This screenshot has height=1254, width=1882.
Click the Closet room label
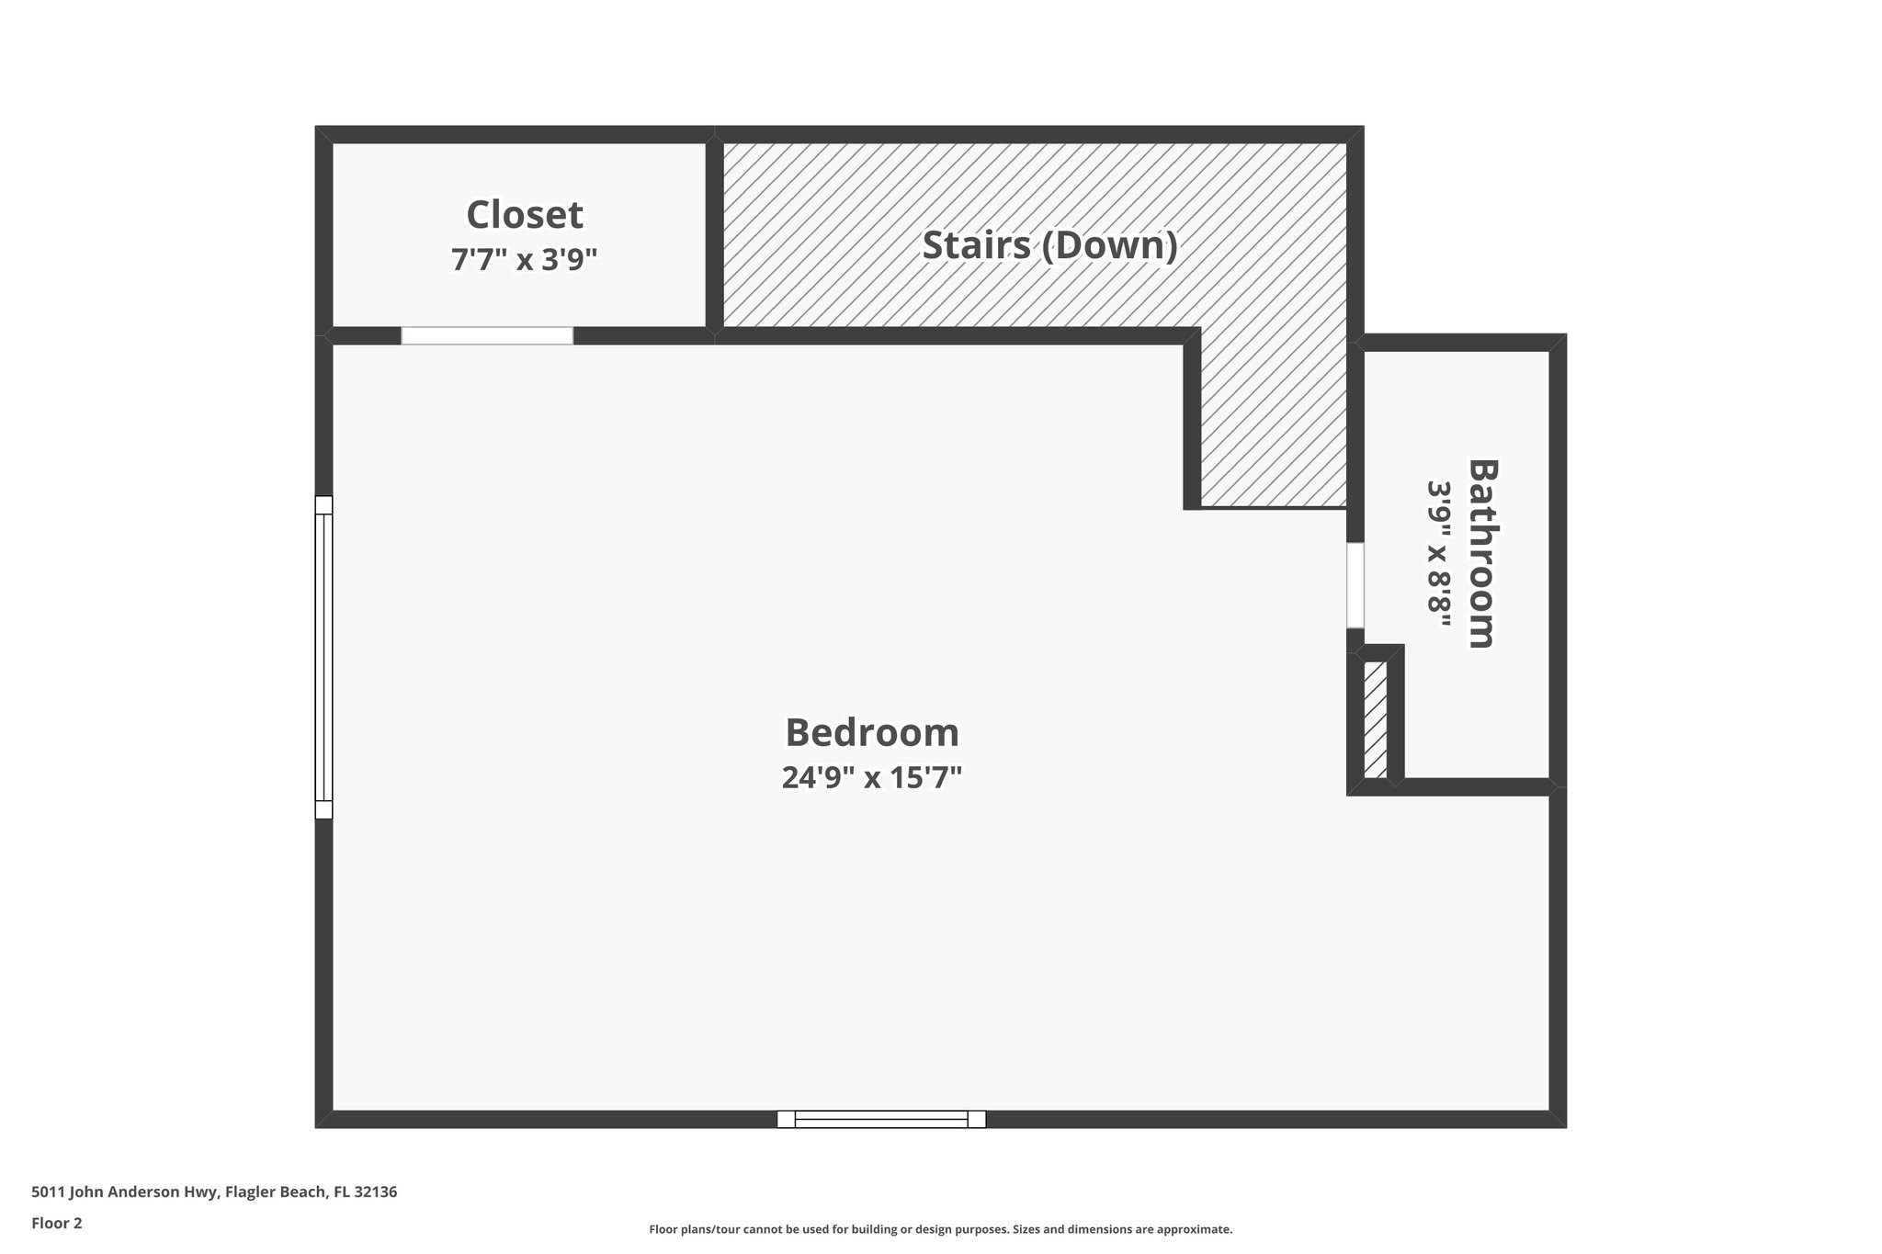click(524, 215)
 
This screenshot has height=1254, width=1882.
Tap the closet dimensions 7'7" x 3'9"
click(524, 260)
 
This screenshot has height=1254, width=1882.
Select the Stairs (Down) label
click(1049, 245)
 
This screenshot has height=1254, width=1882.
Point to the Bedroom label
click(871, 732)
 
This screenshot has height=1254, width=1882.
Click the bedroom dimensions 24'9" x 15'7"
click(871, 777)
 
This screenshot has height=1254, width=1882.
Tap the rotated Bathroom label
click(1481, 553)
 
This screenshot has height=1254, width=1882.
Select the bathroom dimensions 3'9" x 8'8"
click(1438, 553)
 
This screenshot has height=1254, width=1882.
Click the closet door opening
click(487, 335)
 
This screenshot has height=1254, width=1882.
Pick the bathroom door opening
click(1355, 585)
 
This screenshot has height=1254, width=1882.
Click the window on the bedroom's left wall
click(323, 657)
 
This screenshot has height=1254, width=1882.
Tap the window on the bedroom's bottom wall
click(881, 1118)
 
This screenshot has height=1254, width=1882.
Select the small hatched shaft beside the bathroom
click(1375, 719)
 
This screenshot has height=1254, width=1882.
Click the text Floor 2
click(57, 1223)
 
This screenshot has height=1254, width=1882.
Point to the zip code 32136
click(375, 1192)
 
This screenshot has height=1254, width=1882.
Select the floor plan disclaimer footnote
click(940, 1229)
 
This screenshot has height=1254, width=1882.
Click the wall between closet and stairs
click(714, 234)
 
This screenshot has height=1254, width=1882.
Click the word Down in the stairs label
click(1109, 245)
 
